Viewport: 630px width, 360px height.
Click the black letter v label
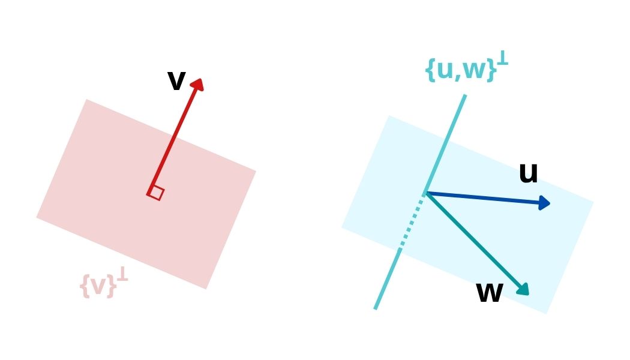(x=176, y=81)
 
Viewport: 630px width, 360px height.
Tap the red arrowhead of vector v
(x=199, y=85)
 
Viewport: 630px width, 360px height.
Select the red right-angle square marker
(x=156, y=193)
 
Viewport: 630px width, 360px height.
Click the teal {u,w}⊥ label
(x=466, y=68)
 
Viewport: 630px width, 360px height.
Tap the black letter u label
(x=528, y=174)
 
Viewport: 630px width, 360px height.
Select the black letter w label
(x=489, y=293)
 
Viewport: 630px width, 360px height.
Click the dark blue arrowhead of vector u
(x=544, y=203)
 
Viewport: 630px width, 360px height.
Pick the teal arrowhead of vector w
(x=523, y=289)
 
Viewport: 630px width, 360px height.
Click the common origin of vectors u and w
(x=425, y=193)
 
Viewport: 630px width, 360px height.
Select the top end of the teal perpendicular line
(x=464, y=95)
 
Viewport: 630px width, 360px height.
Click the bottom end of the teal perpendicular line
(x=376, y=308)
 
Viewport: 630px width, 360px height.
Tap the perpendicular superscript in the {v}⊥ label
(x=122, y=275)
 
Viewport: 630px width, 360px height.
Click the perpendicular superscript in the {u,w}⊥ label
(x=503, y=58)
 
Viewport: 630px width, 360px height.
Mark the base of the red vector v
(x=150, y=192)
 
